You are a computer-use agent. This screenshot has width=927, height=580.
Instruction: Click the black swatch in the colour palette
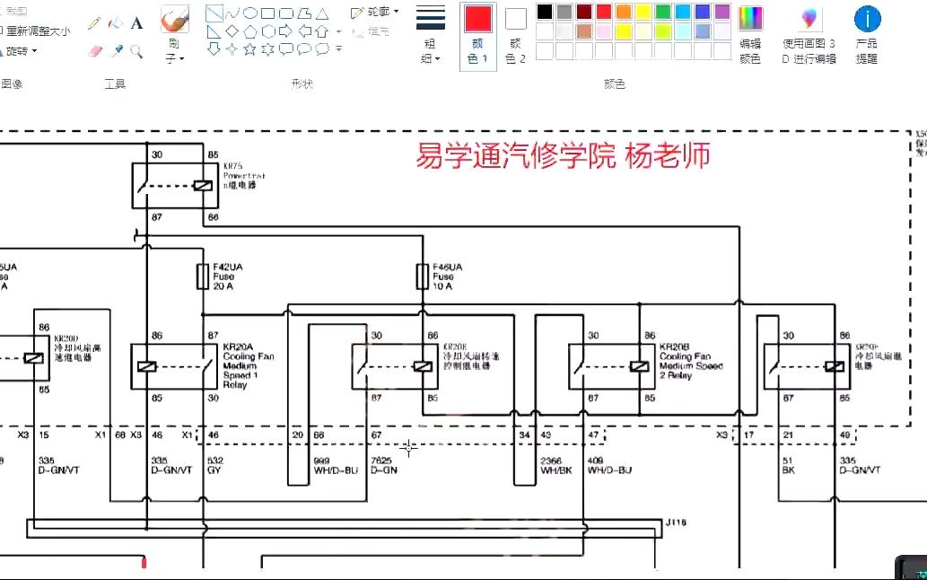tap(545, 12)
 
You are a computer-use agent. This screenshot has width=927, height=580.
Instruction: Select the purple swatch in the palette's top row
tap(722, 12)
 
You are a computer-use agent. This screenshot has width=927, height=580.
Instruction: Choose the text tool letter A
tap(136, 23)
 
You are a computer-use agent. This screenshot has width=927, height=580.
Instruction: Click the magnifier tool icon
tap(136, 51)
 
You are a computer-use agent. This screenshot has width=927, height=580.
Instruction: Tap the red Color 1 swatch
tap(478, 19)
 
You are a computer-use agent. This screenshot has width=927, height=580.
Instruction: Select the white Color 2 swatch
tap(515, 19)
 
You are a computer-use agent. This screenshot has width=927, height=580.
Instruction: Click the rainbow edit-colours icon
tap(750, 19)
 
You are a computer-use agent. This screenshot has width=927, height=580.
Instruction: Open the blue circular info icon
tap(867, 19)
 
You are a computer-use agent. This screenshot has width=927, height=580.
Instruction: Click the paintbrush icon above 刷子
tap(174, 20)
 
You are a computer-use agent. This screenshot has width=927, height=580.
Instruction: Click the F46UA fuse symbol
tap(423, 277)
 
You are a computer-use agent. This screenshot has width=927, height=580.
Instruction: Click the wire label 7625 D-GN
tap(383, 464)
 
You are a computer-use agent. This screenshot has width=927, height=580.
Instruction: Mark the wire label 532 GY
tap(215, 464)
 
